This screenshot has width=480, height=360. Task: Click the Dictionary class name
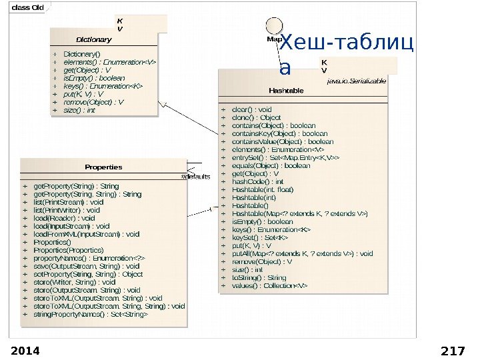[93, 39]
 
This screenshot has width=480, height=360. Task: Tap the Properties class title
[103, 167]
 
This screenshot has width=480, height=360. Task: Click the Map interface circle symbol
[273, 25]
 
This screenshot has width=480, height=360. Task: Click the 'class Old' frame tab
[28, 7]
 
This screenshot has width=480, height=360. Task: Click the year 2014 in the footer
[25, 351]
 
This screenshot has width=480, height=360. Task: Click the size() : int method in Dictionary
[79, 110]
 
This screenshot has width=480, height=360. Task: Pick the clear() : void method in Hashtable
[251, 109]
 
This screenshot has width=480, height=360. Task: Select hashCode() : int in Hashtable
[257, 181]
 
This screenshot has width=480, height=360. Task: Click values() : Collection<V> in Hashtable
[269, 285]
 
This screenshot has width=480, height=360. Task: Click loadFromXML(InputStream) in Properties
[87, 234]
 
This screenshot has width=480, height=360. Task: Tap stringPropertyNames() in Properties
[91, 314]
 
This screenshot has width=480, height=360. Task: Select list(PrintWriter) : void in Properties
[67, 210]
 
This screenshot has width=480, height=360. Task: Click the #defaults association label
[196, 177]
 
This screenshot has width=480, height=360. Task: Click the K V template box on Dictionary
[120, 25]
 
